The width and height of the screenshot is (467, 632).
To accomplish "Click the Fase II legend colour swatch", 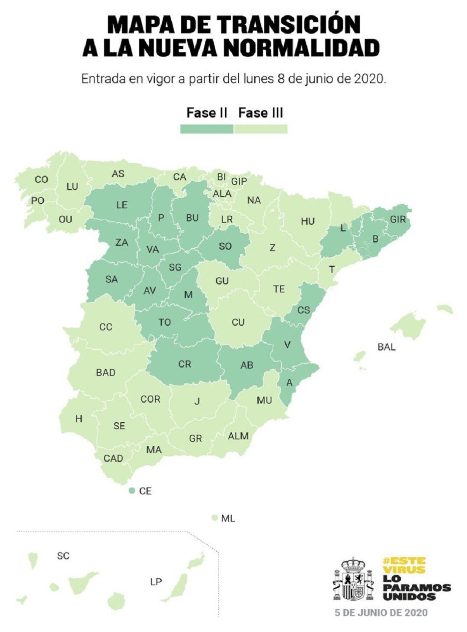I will pos(207,129).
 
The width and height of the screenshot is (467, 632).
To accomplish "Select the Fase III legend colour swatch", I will pos(261,129).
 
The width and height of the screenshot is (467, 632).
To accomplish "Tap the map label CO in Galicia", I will pos(42,179).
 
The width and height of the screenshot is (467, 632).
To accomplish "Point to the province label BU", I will pos(192,218).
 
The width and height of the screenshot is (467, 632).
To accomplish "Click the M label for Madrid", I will pos(188,295).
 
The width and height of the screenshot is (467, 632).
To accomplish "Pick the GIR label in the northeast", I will pos(398,219).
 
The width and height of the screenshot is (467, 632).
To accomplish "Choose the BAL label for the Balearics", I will pos(387,347).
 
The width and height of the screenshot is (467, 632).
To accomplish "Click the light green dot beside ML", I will pos(214,518).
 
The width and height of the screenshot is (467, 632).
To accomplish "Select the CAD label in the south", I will pos(113,458).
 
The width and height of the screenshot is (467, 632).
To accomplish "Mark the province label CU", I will pos(238,322).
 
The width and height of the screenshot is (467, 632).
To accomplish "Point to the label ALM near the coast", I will pos(238,436).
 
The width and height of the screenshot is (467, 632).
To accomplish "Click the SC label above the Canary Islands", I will pos(63,555).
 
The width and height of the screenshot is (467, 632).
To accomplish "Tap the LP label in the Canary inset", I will pos(156,582).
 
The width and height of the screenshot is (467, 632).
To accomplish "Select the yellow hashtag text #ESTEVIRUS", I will pos(404,565).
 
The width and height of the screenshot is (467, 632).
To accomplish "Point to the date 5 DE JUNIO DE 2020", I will pos(381,613).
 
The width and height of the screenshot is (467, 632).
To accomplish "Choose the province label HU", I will pos(308,221).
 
